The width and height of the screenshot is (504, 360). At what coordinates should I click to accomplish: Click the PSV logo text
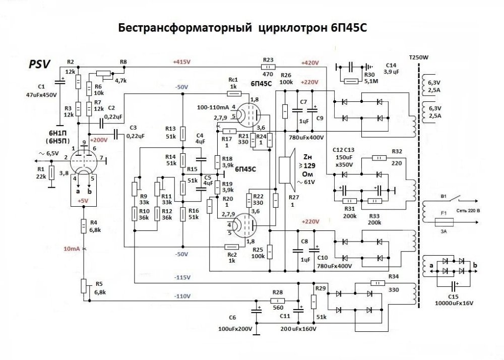[x=39, y=64]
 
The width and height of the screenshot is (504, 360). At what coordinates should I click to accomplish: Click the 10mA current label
[x=72, y=249]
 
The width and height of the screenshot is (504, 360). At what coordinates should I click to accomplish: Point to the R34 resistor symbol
[x=377, y=282]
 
